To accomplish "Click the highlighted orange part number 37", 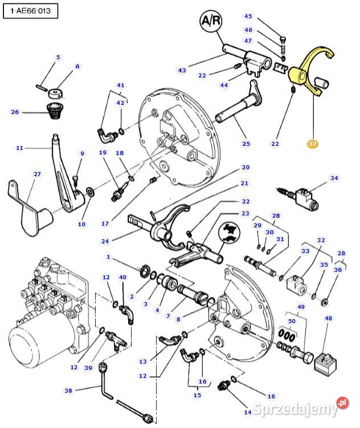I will (x=313, y=144).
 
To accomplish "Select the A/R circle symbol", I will (x=212, y=22).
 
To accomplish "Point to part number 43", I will (x=182, y=71).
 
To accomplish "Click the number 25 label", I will (x=246, y=144).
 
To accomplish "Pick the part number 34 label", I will (x=334, y=178).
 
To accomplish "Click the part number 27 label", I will (x=38, y=174).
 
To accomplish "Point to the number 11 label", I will (x=19, y=148).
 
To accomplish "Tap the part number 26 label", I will (x=15, y=112).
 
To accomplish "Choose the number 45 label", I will (x=248, y=17).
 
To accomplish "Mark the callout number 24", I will (x=105, y=241).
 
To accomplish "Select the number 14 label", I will (x=247, y=412).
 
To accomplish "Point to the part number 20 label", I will (x=246, y=167).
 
